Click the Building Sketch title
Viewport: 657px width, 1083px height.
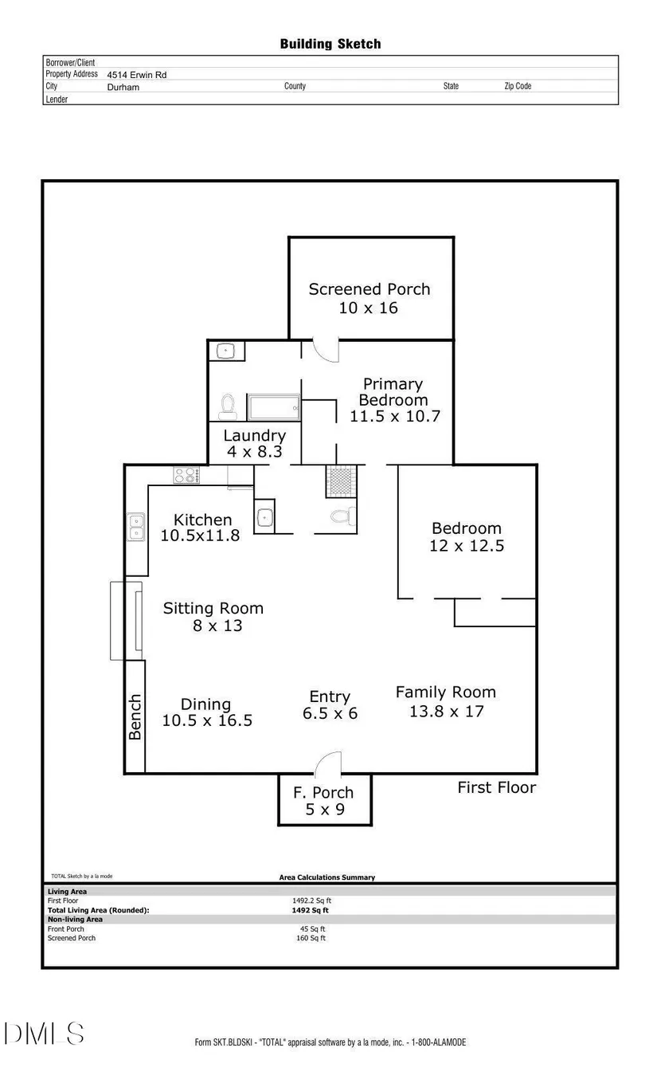click(330, 44)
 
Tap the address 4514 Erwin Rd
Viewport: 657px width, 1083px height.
click(137, 75)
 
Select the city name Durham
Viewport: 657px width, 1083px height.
click(123, 88)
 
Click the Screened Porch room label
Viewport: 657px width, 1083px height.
click(370, 289)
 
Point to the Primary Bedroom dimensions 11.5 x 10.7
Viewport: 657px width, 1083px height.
click(395, 416)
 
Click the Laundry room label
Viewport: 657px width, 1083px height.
click(254, 436)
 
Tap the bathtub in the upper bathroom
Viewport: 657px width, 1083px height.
click(273, 407)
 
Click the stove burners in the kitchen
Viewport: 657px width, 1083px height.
click(186, 475)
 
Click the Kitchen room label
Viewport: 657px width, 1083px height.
click(203, 520)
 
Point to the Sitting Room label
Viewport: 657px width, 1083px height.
click(213, 609)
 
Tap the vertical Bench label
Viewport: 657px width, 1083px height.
click(135, 716)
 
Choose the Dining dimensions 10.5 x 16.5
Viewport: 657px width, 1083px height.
click(207, 720)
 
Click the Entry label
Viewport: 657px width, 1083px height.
click(330, 697)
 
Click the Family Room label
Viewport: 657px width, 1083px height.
click(446, 693)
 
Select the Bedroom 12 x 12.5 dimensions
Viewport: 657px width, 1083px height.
click(467, 546)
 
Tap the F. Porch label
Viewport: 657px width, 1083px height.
click(323, 793)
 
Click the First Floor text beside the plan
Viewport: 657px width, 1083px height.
click(496, 787)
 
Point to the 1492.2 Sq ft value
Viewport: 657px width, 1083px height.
click(311, 901)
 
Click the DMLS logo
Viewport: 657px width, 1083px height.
click(45, 1034)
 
